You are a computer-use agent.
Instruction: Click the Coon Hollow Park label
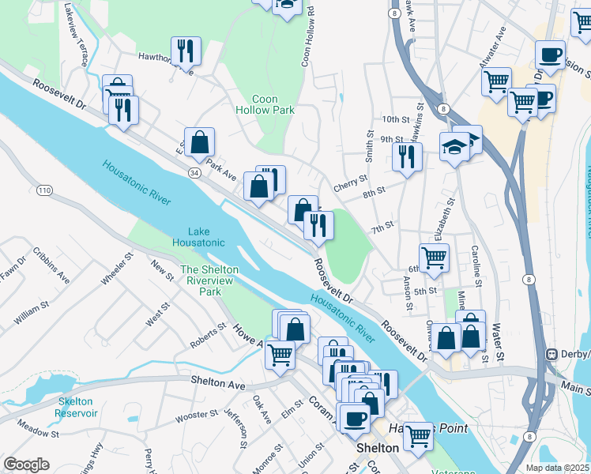click(x=273, y=105)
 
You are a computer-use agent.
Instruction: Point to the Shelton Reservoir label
click(x=77, y=407)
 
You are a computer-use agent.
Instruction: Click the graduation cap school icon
click(x=455, y=147)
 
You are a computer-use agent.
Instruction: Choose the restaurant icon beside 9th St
click(x=407, y=156)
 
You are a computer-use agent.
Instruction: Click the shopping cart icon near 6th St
click(x=434, y=257)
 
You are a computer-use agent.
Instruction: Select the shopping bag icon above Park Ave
click(x=200, y=142)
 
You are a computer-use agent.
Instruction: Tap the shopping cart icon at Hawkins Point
click(x=417, y=434)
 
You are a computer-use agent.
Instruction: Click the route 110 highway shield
click(x=44, y=191)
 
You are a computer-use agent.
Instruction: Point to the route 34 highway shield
click(x=194, y=171)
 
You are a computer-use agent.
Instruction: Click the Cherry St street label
click(x=351, y=183)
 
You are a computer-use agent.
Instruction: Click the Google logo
click(x=26, y=464)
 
